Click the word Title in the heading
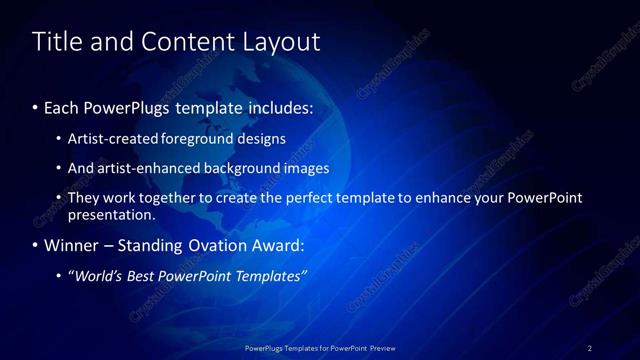point(58,42)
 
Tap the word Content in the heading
point(180,42)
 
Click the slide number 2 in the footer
point(590,347)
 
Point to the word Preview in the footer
point(379,347)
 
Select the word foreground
point(215,138)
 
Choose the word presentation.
point(111,214)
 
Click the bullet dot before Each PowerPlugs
point(36,106)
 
